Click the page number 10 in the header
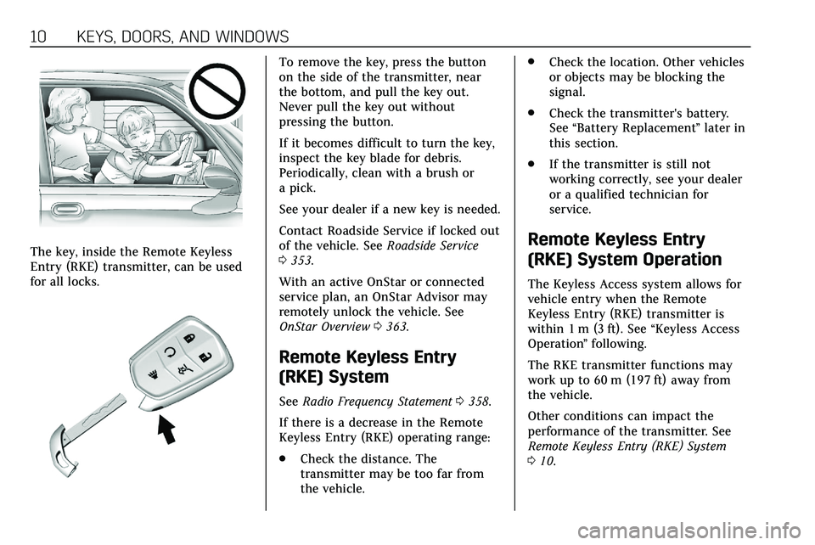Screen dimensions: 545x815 pos(15,37)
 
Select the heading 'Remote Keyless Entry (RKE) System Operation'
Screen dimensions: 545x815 pos(625,250)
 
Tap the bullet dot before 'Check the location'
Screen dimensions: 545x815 pos(529,63)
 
